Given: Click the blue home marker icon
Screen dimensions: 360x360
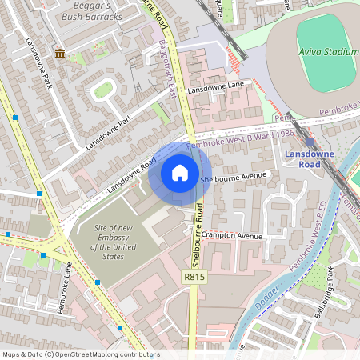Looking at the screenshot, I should (x=180, y=173).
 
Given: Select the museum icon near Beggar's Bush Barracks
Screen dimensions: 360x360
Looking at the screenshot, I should (x=60, y=54).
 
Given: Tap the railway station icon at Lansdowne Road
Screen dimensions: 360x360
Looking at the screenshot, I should (x=310, y=142).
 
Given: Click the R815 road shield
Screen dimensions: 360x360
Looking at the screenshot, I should (x=193, y=277).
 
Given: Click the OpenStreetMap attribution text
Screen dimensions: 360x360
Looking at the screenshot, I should (x=80, y=354).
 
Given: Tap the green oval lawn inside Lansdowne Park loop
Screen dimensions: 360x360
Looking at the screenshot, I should (x=102, y=90).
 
